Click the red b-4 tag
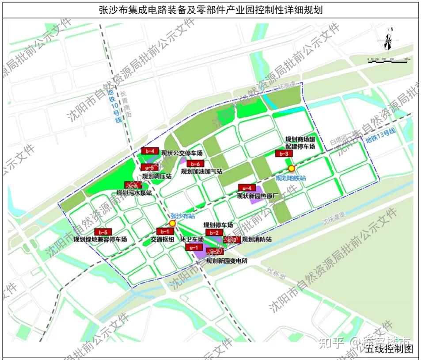coord(149,151)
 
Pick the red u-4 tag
coord(247,188)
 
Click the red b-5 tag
coord(103,232)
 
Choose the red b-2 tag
coord(214,233)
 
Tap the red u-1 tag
coord(193,248)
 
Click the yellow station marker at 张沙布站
coord(172,224)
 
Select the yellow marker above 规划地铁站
coord(291,169)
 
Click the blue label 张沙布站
coord(183,216)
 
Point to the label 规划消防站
coord(256,240)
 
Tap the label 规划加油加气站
coord(201,171)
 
